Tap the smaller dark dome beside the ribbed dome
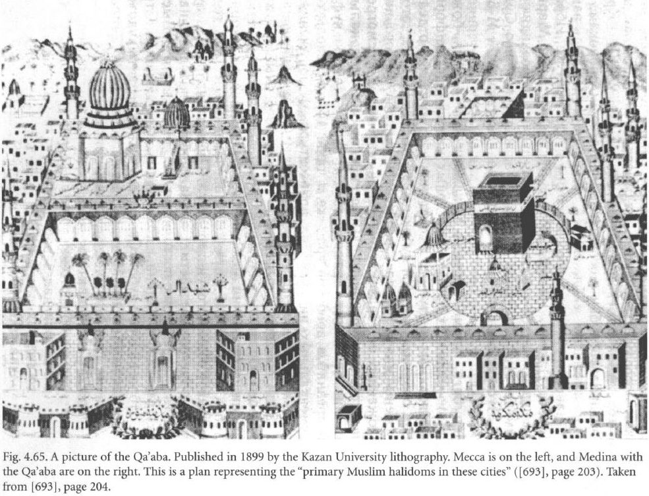[x=177, y=113]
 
